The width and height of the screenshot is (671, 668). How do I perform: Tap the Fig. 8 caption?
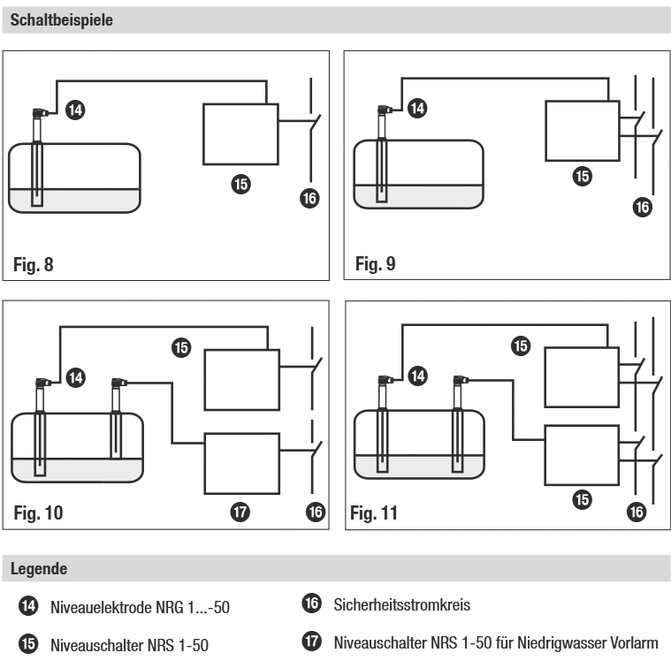(37, 263)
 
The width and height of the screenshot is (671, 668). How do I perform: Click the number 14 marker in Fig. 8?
(77, 110)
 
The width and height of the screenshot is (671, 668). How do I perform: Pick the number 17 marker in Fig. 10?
(240, 511)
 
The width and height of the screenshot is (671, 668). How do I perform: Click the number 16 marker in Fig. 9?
(643, 208)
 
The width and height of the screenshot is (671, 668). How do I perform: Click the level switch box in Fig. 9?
(581, 131)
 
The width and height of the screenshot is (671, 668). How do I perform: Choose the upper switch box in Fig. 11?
(581, 375)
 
